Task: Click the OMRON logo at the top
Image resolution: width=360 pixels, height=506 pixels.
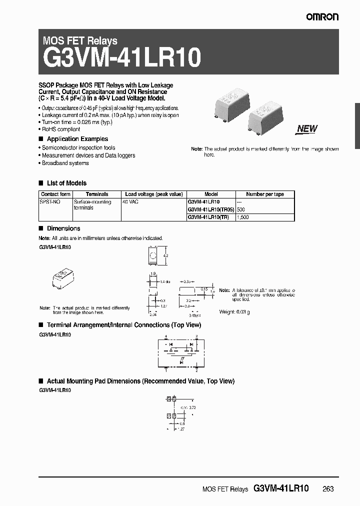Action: click(322, 17)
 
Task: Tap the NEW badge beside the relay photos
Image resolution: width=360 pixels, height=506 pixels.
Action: click(307, 128)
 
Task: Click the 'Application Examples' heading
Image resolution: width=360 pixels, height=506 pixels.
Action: click(77, 139)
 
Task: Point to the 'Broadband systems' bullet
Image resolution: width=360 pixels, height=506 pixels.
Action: click(65, 163)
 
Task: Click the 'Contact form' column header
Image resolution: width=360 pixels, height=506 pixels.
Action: click(55, 194)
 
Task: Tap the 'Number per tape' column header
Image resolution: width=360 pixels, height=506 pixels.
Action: click(265, 194)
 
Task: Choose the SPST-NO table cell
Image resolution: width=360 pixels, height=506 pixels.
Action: click(49, 201)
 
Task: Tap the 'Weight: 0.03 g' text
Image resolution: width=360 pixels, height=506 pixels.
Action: click(234, 311)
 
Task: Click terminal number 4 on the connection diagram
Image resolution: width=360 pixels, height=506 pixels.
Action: click(166, 337)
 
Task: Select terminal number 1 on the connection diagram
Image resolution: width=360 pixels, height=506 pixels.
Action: click(166, 370)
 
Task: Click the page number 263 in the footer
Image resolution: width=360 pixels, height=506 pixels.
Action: click(327, 488)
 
